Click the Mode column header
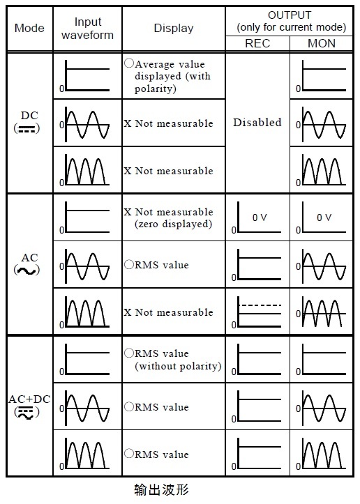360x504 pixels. [x=29, y=28]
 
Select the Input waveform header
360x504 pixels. [x=87, y=29]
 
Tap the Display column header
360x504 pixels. [x=174, y=28]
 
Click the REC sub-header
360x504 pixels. [x=257, y=43]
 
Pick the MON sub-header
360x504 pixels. [x=322, y=43]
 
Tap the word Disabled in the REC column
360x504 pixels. [x=257, y=122]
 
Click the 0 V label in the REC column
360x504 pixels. [x=260, y=217]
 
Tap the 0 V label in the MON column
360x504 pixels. [x=324, y=217]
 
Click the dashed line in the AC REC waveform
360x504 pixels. [x=260, y=305]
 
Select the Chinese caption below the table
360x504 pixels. [x=161, y=489]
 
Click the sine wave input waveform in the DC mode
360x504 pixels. [x=87, y=124]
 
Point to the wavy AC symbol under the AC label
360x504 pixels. [x=27, y=270]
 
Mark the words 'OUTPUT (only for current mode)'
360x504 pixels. [x=291, y=21]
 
